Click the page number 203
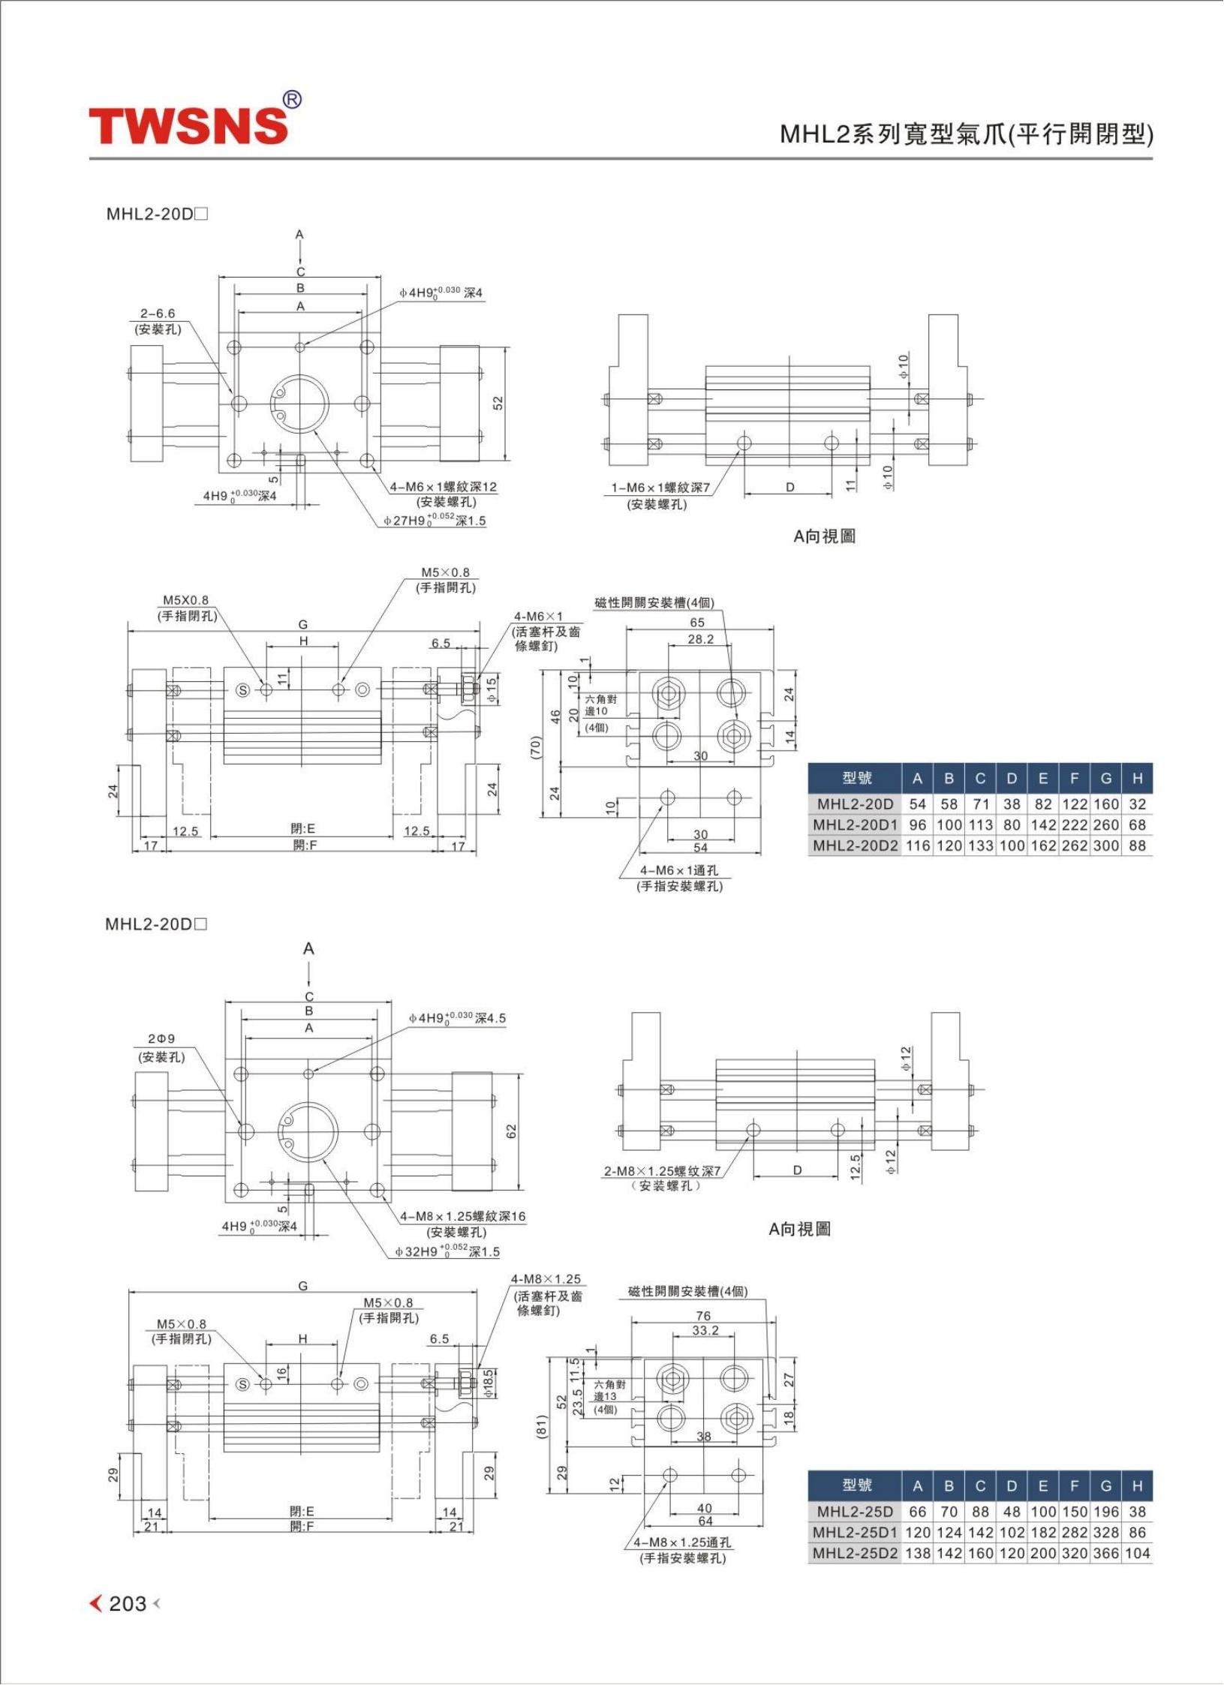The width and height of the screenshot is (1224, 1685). point(128,1603)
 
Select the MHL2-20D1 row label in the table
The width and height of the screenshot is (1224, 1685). point(856,824)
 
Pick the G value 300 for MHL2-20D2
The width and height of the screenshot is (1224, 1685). point(1105,846)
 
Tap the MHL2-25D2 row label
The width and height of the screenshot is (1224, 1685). point(856,1553)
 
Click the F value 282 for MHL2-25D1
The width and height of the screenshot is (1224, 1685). point(1074,1532)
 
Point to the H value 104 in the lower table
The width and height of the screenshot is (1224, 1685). point(1137,1553)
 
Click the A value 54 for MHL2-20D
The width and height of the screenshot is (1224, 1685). point(917,804)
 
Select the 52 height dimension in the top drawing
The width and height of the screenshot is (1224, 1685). point(498,403)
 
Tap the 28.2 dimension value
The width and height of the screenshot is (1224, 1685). point(700,639)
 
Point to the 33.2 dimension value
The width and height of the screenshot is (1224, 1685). point(705,1330)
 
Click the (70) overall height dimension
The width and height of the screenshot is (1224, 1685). point(537,746)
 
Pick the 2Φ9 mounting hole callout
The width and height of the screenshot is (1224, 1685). point(161,1039)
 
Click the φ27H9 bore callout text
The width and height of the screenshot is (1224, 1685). point(435,520)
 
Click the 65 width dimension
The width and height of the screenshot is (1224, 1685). point(697,622)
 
